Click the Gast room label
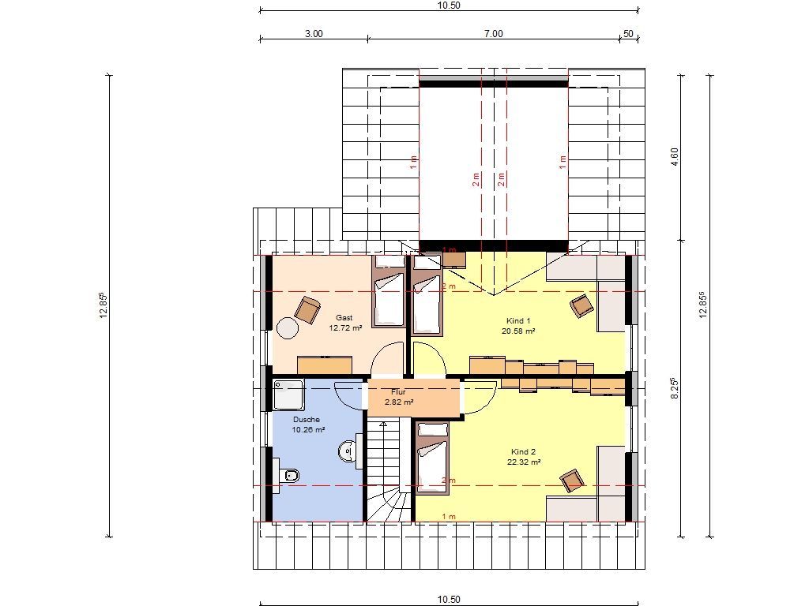point(344,318)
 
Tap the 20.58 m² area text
point(518,331)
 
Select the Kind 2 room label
point(523,452)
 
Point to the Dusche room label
point(307,420)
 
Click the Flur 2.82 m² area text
point(399,402)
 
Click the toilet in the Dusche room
point(288,475)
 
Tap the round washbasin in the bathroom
point(348,452)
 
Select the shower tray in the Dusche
point(288,395)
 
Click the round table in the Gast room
point(288,327)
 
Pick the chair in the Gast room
point(307,309)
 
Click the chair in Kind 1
point(582,305)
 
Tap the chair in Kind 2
point(573,481)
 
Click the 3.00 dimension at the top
point(314,34)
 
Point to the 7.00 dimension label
point(493,34)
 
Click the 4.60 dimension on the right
point(675,157)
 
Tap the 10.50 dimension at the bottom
point(449,600)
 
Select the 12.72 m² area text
point(345,327)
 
